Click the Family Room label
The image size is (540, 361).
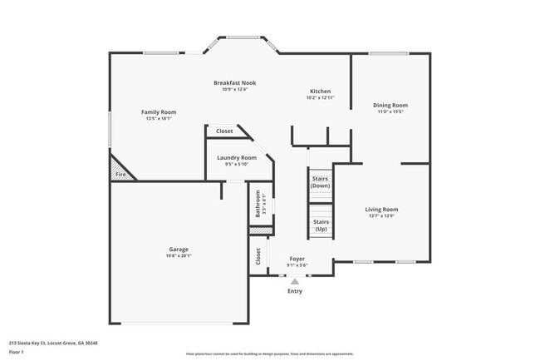[x=158, y=112]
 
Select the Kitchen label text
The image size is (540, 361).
[x=320, y=91]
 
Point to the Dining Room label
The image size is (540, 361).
[x=390, y=105]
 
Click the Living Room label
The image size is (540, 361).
[x=382, y=210]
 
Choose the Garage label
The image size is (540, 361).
[x=179, y=249]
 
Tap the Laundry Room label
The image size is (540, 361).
[x=237, y=157]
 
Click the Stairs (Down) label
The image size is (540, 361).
[x=321, y=181]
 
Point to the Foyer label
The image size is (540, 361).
[x=297, y=260]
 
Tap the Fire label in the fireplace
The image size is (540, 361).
[x=120, y=175]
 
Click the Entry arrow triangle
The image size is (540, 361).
[x=295, y=281]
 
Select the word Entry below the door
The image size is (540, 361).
[x=295, y=291]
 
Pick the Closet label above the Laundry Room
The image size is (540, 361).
[x=224, y=131]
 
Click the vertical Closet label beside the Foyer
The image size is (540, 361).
[x=258, y=255]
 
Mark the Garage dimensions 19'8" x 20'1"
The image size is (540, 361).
[x=179, y=256]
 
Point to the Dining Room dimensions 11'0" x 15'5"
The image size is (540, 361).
[x=390, y=112]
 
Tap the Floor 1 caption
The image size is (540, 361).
[x=17, y=352]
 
